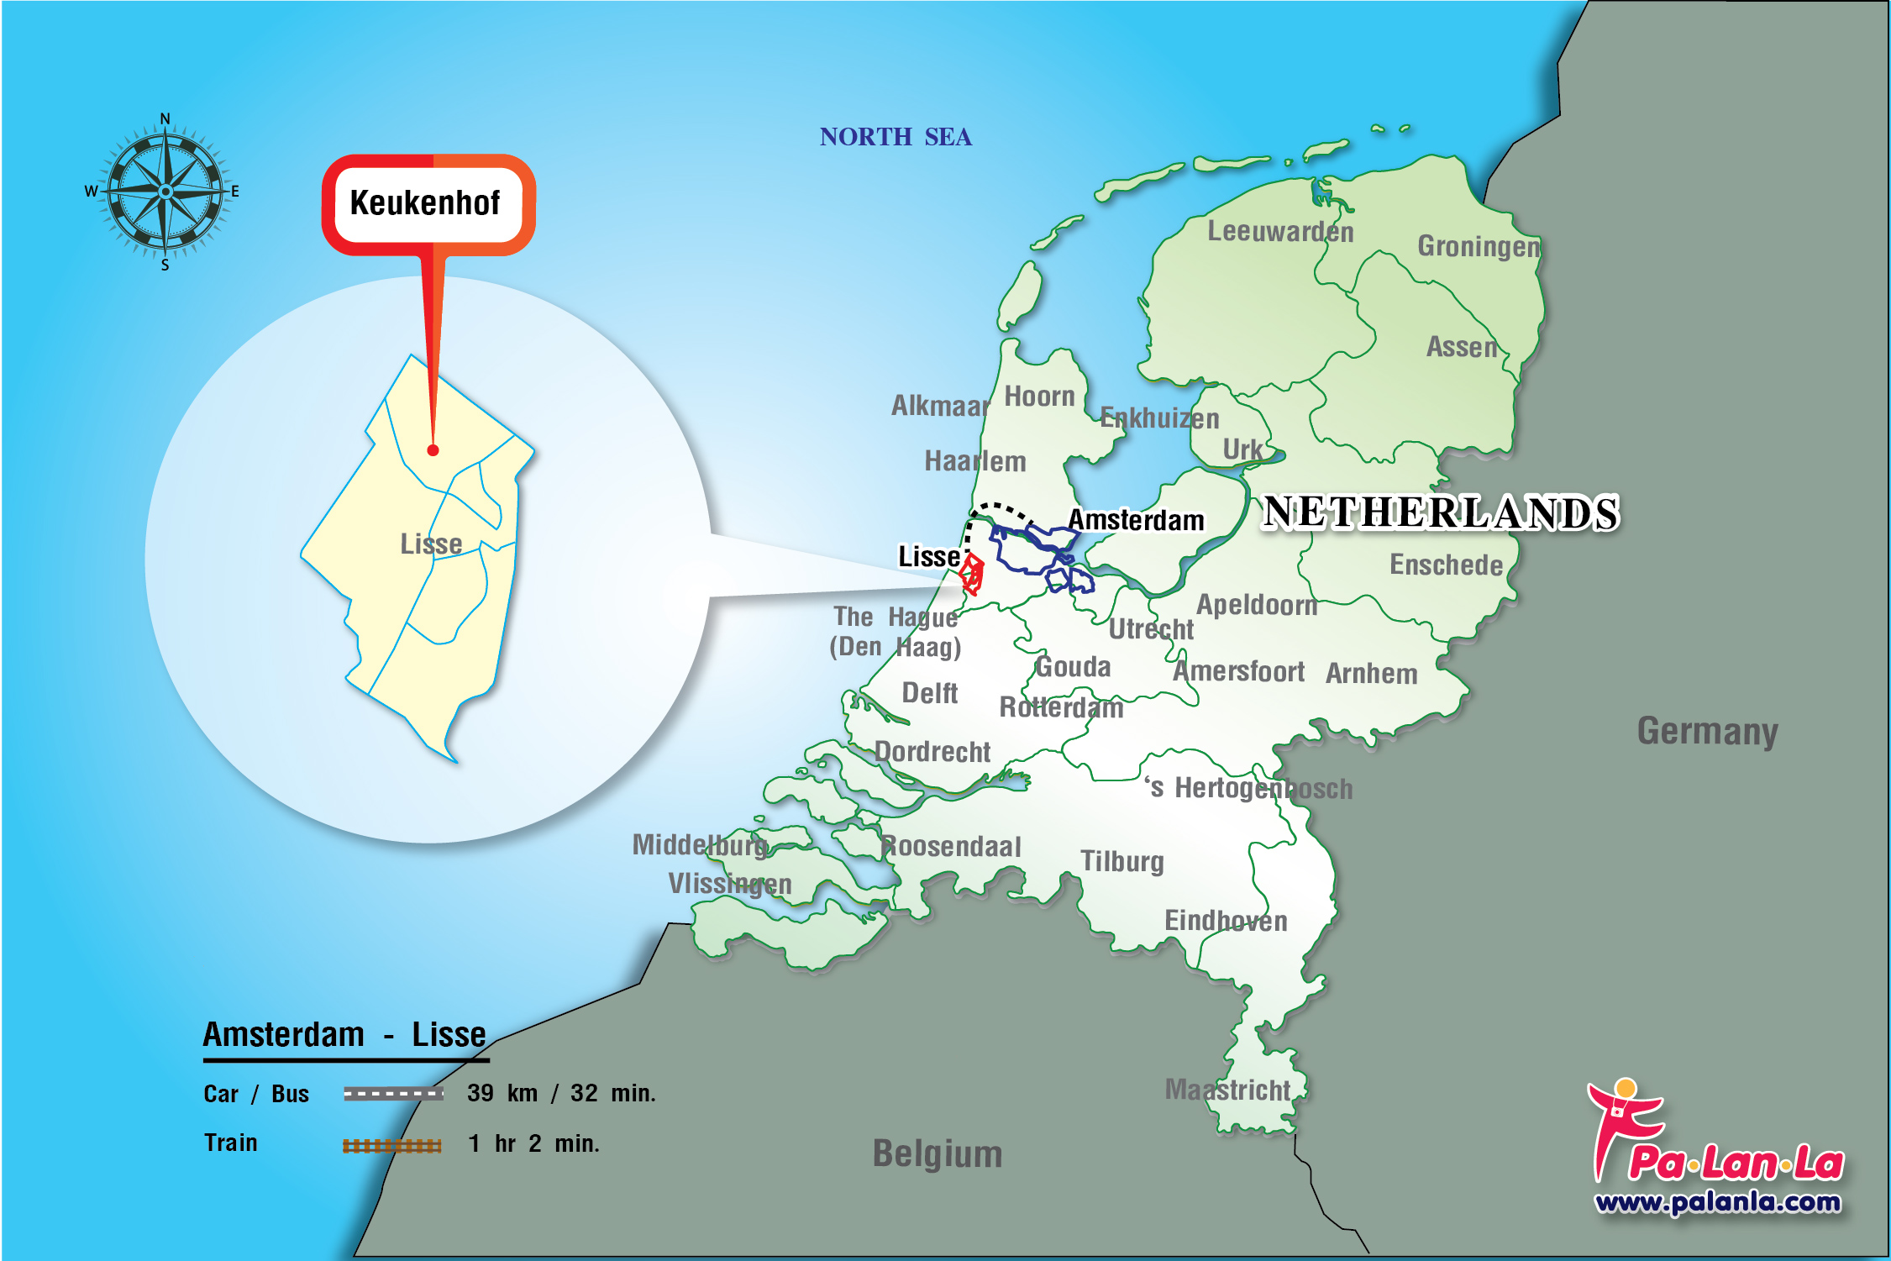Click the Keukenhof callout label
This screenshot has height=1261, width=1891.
point(425,203)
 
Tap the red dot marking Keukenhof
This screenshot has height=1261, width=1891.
point(433,450)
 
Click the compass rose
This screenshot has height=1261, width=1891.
point(165,192)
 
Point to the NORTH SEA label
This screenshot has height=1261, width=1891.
point(896,137)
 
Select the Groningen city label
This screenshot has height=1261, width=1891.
point(1479,246)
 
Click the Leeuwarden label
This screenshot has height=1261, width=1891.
point(1280,231)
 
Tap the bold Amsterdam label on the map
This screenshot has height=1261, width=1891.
point(1136,520)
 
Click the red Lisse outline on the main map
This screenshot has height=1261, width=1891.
point(972,574)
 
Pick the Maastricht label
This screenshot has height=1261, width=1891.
point(1227,1090)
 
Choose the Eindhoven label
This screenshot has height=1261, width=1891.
point(1226,921)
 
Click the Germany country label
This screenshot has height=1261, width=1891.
point(1707,731)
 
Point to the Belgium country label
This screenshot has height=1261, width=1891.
point(938,1153)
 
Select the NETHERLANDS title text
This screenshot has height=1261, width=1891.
point(1441,512)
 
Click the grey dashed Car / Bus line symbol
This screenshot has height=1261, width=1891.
point(393,1093)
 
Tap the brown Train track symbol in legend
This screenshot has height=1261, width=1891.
point(391,1145)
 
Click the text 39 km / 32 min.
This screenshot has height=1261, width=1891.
point(561,1093)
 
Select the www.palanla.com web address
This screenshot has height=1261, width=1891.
point(1718,1202)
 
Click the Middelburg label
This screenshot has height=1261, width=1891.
point(700,844)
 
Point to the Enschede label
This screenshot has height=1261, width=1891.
point(1446,565)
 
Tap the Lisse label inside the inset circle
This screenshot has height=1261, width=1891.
point(431,544)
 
